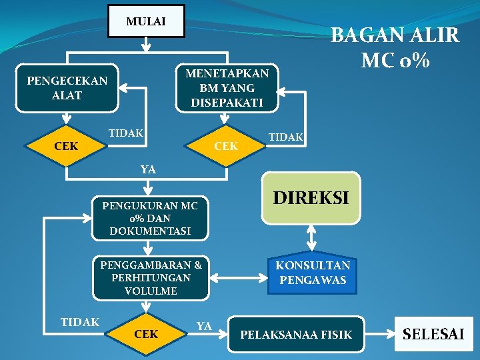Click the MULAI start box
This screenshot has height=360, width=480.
click(146, 21)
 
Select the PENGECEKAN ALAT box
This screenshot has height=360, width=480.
click(67, 88)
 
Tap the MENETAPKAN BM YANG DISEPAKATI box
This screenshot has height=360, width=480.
click(227, 87)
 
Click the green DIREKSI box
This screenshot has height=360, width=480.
click(311, 198)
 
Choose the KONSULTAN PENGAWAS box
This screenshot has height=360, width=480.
click(311, 273)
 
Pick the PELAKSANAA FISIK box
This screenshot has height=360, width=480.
click(295, 335)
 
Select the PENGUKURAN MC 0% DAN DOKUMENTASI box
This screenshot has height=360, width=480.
click(150, 218)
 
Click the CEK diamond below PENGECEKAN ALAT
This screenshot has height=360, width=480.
click(67, 145)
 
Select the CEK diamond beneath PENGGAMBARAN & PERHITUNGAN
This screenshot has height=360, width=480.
click(147, 333)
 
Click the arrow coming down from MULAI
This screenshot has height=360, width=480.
click(146, 44)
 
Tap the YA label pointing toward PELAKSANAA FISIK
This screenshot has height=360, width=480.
click(204, 325)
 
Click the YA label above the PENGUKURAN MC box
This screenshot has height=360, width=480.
click(148, 169)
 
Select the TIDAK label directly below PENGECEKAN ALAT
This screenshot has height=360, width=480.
click(126, 133)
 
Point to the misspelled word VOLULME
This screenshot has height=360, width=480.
click(151, 291)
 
